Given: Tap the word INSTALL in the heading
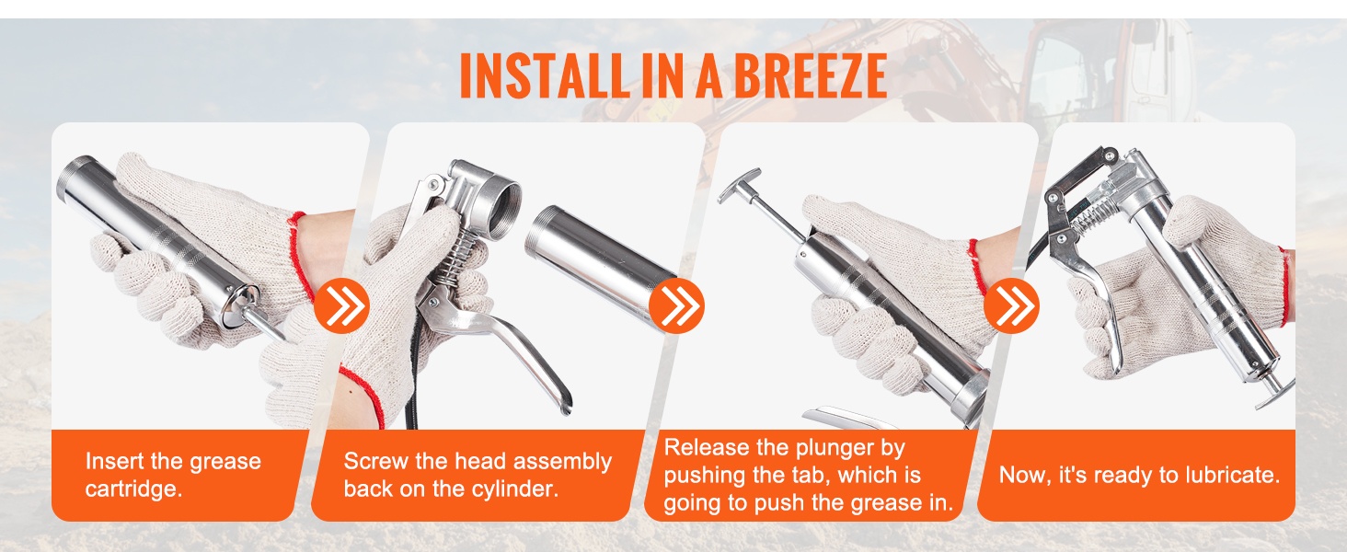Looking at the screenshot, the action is pyautogui.click(x=543, y=75).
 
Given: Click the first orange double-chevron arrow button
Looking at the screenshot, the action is pyautogui.click(x=341, y=305).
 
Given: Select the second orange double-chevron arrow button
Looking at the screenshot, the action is pyautogui.click(x=676, y=305).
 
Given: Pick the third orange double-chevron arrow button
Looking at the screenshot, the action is pyautogui.click(x=1011, y=305).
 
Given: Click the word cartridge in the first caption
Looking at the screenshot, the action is pyautogui.click(x=133, y=489).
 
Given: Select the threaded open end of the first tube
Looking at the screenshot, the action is pyautogui.click(x=77, y=175).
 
